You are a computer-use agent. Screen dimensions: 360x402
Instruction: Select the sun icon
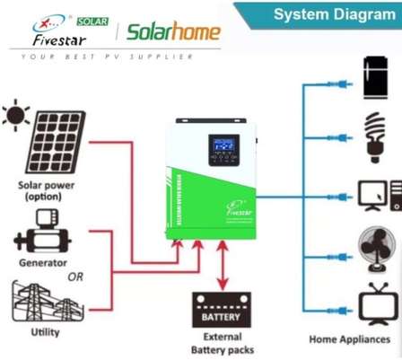(x=15, y=115)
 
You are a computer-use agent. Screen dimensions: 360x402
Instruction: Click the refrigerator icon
(x=376, y=78)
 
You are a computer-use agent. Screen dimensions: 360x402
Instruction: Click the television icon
(x=377, y=303)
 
